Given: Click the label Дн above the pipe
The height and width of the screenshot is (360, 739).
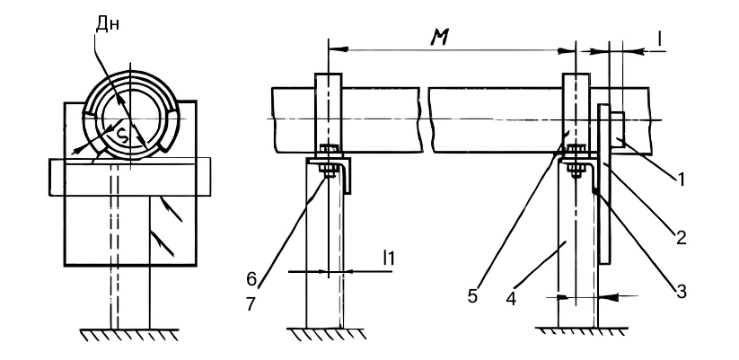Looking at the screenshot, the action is click(x=108, y=24).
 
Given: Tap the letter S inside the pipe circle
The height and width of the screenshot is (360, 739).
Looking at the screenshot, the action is click(x=122, y=136).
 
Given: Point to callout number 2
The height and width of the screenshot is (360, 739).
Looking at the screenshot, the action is click(x=681, y=237).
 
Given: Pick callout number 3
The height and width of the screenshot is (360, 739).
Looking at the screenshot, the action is click(x=680, y=291).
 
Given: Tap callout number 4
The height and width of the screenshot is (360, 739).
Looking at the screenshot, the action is click(x=511, y=298).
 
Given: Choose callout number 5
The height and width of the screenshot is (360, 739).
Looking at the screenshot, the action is click(x=472, y=296).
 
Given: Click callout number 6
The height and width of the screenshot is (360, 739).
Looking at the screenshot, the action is click(x=252, y=279).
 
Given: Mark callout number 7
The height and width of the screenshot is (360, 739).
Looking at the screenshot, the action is click(x=251, y=304).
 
